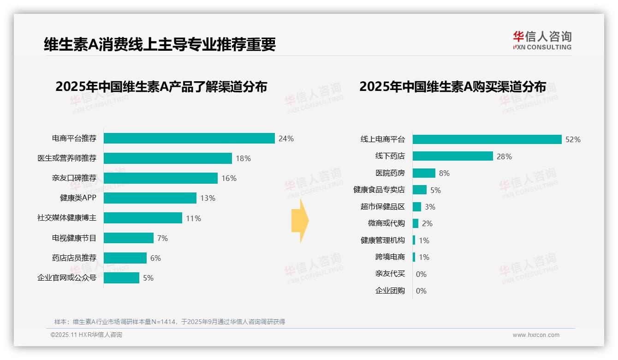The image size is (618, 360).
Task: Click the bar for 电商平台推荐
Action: [x=189, y=138]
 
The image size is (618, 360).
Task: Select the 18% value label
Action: [x=243, y=158]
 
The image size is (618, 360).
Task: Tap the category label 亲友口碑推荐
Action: [x=74, y=178]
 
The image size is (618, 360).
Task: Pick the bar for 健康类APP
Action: [x=150, y=198]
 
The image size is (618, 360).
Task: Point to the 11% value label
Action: [x=193, y=218]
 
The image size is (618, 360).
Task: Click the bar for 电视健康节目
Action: [x=128, y=238]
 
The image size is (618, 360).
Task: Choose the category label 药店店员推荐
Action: [x=74, y=258]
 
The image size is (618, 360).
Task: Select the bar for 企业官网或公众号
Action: [x=121, y=278]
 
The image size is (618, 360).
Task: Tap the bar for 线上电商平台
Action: [x=487, y=139]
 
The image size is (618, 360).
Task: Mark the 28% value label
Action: [x=504, y=156]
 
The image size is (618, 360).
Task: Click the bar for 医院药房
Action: [x=424, y=173]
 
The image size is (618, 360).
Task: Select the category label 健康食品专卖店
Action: [x=379, y=190]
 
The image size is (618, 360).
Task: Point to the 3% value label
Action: [x=430, y=207]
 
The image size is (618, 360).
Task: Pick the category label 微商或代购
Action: [x=386, y=223]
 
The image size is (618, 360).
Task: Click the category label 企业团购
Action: [x=390, y=291]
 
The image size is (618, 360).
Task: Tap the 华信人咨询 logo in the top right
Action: [x=542, y=40]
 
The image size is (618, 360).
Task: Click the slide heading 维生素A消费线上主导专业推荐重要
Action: [x=160, y=44]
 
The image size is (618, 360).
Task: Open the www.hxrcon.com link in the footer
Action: [x=536, y=335]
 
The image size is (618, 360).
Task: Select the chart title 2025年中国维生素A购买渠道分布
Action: [x=452, y=87]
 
